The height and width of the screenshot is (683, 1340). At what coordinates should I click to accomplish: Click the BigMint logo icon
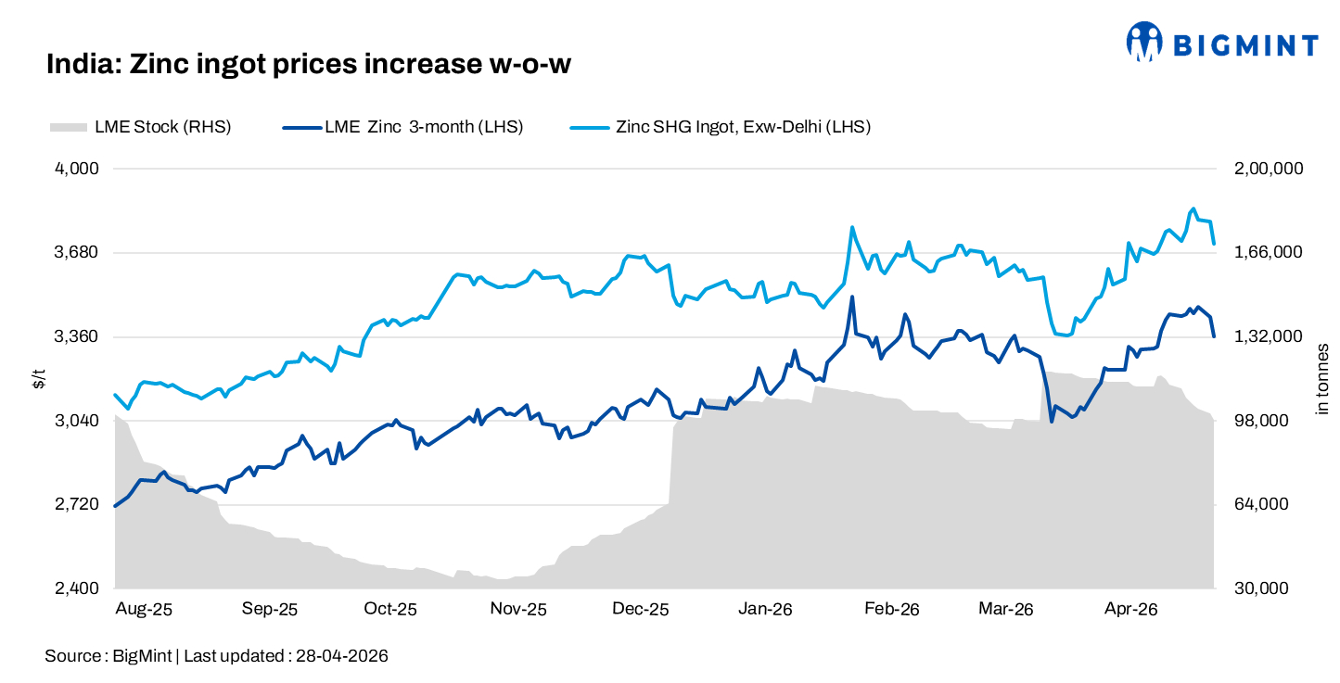tap(1145, 42)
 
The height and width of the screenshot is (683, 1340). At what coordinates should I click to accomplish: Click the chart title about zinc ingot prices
tap(309, 64)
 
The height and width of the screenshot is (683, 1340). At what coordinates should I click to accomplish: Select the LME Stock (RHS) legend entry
tap(162, 127)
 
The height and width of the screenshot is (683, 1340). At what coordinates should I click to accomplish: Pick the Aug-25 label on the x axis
tap(144, 610)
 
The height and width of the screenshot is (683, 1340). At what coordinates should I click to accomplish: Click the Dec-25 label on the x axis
tap(641, 610)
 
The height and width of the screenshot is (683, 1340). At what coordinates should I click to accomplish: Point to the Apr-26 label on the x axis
tap(1131, 610)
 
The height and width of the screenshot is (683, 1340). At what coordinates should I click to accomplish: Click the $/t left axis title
tap(38, 378)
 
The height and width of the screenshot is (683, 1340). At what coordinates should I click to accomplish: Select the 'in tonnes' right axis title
tap(1322, 378)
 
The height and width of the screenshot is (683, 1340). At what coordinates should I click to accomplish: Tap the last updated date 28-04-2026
tap(341, 656)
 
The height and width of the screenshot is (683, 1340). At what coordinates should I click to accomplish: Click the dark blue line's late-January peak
tap(851, 297)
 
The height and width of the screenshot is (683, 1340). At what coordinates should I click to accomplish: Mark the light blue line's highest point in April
tap(1193, 209)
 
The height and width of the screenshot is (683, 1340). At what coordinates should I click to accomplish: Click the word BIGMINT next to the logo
tap(1245, 45)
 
